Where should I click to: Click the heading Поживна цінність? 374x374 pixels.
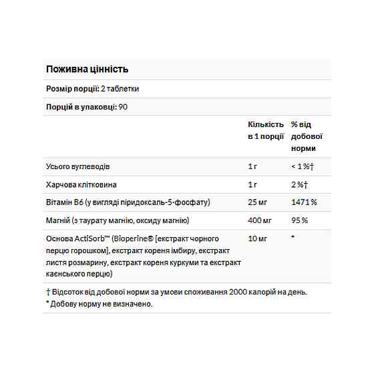click(87, 69)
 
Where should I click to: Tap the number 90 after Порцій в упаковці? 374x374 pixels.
click(124, 107)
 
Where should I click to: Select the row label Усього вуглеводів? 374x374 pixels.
click(73, 166)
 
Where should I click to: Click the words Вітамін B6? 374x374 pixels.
click(62, 202)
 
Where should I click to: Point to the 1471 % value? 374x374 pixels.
click(303, 202)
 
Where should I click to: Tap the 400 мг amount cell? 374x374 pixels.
click(258, 220)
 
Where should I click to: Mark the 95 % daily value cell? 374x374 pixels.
click(299, 220)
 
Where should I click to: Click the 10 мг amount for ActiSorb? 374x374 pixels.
click(256, 238)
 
